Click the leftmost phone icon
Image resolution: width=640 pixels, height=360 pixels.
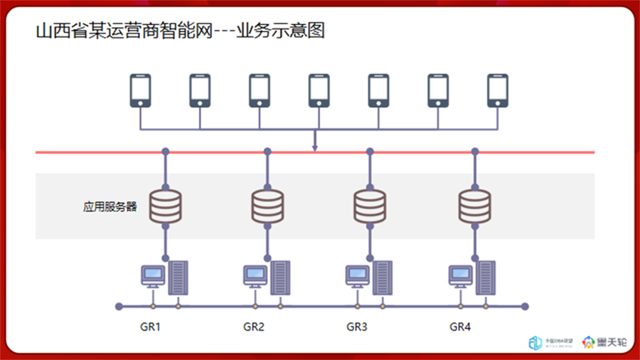coord(141,90)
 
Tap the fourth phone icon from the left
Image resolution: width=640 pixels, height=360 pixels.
coord(319,90)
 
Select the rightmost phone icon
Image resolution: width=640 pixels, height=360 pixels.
coord(498,90)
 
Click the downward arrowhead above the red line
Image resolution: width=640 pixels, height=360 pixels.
coord(314,148)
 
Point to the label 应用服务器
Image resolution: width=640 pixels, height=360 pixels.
coord(110,207)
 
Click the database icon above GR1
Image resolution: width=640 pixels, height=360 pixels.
coord(165,205)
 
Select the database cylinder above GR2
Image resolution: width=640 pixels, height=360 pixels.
coord(267,205)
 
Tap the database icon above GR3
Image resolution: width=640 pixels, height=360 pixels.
coord(370,205)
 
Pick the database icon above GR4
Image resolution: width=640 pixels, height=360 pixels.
coord(474,205)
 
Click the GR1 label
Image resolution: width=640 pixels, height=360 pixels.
coord(151,327)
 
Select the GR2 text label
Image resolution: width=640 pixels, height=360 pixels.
coord(254,327)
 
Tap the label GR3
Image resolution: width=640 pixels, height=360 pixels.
coord(357,327)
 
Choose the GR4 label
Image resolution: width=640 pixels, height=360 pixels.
coord(460,327)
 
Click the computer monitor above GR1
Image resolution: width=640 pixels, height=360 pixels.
coord(152,275)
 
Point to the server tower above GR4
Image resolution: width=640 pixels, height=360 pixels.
coord(486,277)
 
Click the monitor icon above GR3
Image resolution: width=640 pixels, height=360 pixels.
coord(357,275)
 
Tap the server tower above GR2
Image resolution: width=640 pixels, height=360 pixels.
coord(280,277)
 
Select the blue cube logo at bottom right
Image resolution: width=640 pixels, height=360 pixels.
coord(535,342)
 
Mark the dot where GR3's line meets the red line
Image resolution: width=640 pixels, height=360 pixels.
coord(370,152)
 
